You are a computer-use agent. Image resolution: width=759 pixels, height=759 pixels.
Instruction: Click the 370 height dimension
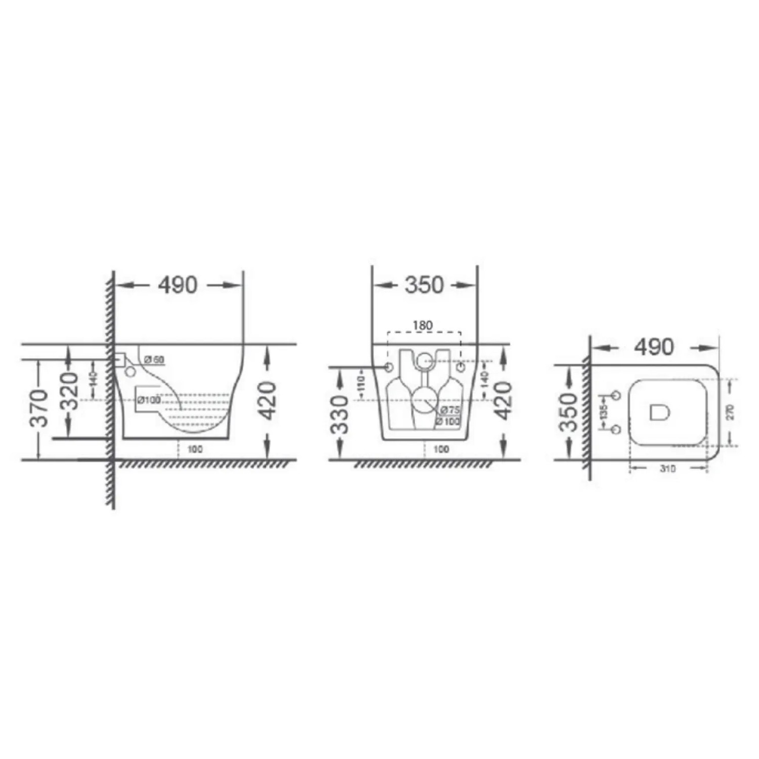point(39,408)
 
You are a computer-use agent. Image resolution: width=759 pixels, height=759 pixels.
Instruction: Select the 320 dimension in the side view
point(70,391)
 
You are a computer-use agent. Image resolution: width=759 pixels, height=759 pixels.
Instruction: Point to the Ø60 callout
point(154,360)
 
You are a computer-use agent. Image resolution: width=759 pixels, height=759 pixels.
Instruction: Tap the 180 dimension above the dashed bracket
point(423,325)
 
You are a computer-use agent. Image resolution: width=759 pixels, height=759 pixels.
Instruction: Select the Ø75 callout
point(450,410)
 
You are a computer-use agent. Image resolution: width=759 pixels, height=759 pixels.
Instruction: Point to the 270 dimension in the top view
point(730,412)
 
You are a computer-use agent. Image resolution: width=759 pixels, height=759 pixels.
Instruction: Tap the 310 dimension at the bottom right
point(667,469)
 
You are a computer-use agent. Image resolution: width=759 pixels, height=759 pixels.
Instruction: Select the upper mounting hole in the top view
point(616,395)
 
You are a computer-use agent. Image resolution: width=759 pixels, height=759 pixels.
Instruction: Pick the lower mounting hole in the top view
point(616,430)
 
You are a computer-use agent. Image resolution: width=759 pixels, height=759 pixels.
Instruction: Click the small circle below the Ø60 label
point(130,372)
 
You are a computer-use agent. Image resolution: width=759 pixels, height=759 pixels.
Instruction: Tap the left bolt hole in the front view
point(389,367)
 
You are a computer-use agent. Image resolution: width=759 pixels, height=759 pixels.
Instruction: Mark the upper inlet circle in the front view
point(424,361)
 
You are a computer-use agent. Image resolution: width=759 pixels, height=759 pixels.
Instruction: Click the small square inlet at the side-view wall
point(120,360)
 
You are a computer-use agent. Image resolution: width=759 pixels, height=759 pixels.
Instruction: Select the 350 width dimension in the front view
point(424,285)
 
